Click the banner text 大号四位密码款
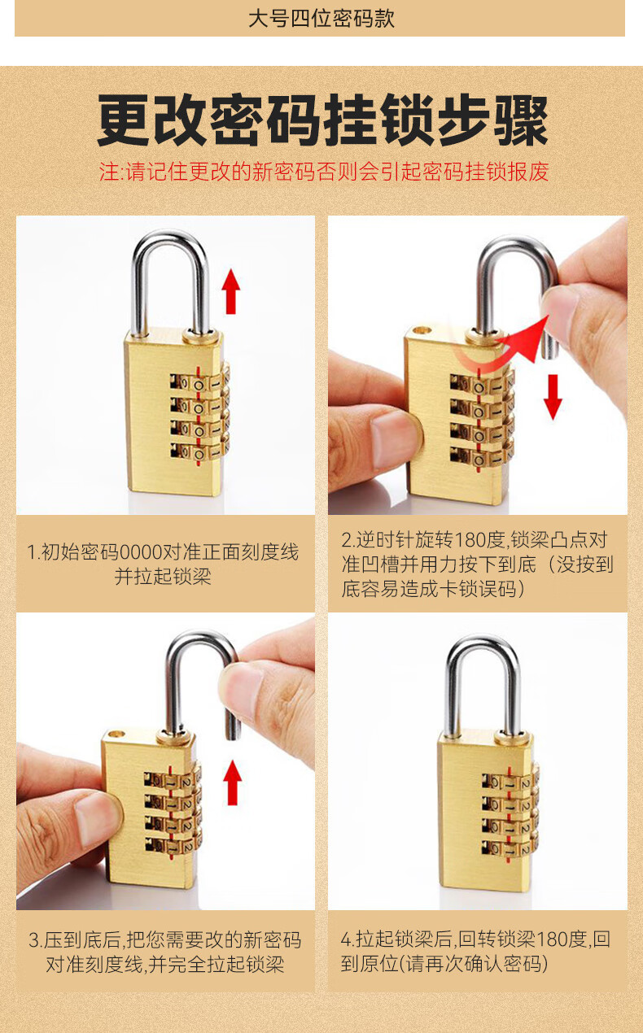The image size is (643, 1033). pos(321,19)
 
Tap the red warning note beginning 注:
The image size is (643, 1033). pos(324,172)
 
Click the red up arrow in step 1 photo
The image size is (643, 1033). pos(231,291)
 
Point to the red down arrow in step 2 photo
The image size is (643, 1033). pos(553,397)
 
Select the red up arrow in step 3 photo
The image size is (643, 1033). pos(232,782)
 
